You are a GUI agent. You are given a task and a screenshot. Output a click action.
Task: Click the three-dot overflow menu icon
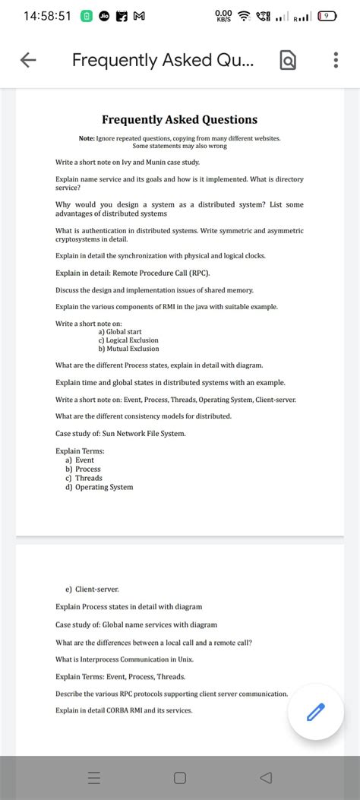(x=336, y=60)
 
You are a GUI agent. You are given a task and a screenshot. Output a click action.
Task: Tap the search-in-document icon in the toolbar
(x=289, y=60)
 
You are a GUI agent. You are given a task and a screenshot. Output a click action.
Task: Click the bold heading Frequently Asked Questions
(x=179, y=119)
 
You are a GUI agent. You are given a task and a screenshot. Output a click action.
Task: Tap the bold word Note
(x=86, y=138)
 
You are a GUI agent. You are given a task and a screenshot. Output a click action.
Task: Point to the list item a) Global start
(x=120, y=332)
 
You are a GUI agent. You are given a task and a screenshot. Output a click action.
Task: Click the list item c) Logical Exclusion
(x=128, y=340)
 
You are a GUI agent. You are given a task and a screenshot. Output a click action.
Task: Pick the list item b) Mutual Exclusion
(x=128, y=349)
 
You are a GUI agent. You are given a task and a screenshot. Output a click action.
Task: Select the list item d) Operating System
(x=99, y=487)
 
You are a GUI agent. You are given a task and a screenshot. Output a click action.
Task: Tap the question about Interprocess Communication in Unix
(x=134, y=659)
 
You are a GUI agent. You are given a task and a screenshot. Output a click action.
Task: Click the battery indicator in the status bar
(x=328, y=15)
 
